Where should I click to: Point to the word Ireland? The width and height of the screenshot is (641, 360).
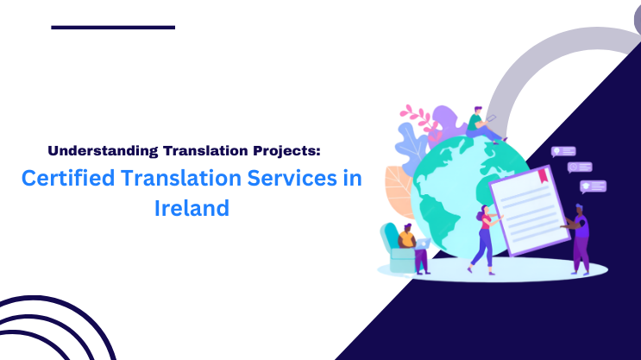click(x=192, y=208)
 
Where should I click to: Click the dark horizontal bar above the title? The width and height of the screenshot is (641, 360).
click(x=113, y=28)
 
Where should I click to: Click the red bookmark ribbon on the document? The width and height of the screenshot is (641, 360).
click(x=543, y=175)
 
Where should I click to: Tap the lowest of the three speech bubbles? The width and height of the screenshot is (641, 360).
click(x=593, y=186)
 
